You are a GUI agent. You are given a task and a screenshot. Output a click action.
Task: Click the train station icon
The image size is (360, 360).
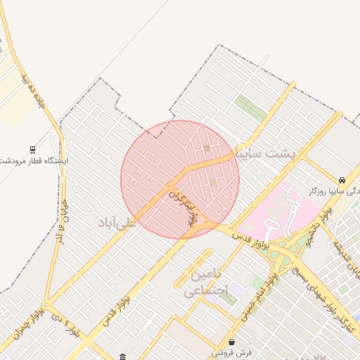[x=32, y=149]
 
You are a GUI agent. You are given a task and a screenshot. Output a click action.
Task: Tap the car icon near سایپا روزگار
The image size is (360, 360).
[x=342, y=180]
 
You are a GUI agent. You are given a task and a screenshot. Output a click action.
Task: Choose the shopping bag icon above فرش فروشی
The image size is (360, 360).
[x=232, y=342]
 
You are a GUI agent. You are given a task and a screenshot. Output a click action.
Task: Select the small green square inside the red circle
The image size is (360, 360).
[x=213, y=183]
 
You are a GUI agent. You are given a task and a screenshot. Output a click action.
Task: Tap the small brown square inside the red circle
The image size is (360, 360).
[x=206, y=148]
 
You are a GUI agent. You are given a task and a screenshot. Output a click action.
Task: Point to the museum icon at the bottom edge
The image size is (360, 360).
[x=123, y=356]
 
